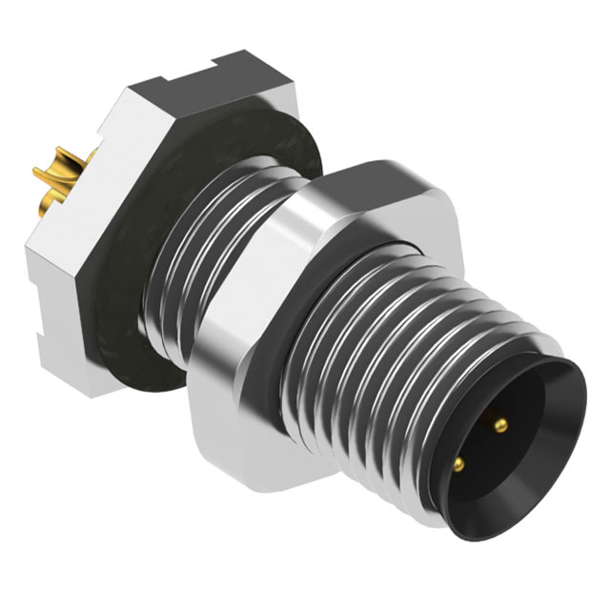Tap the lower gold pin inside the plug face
coord(459,463)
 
